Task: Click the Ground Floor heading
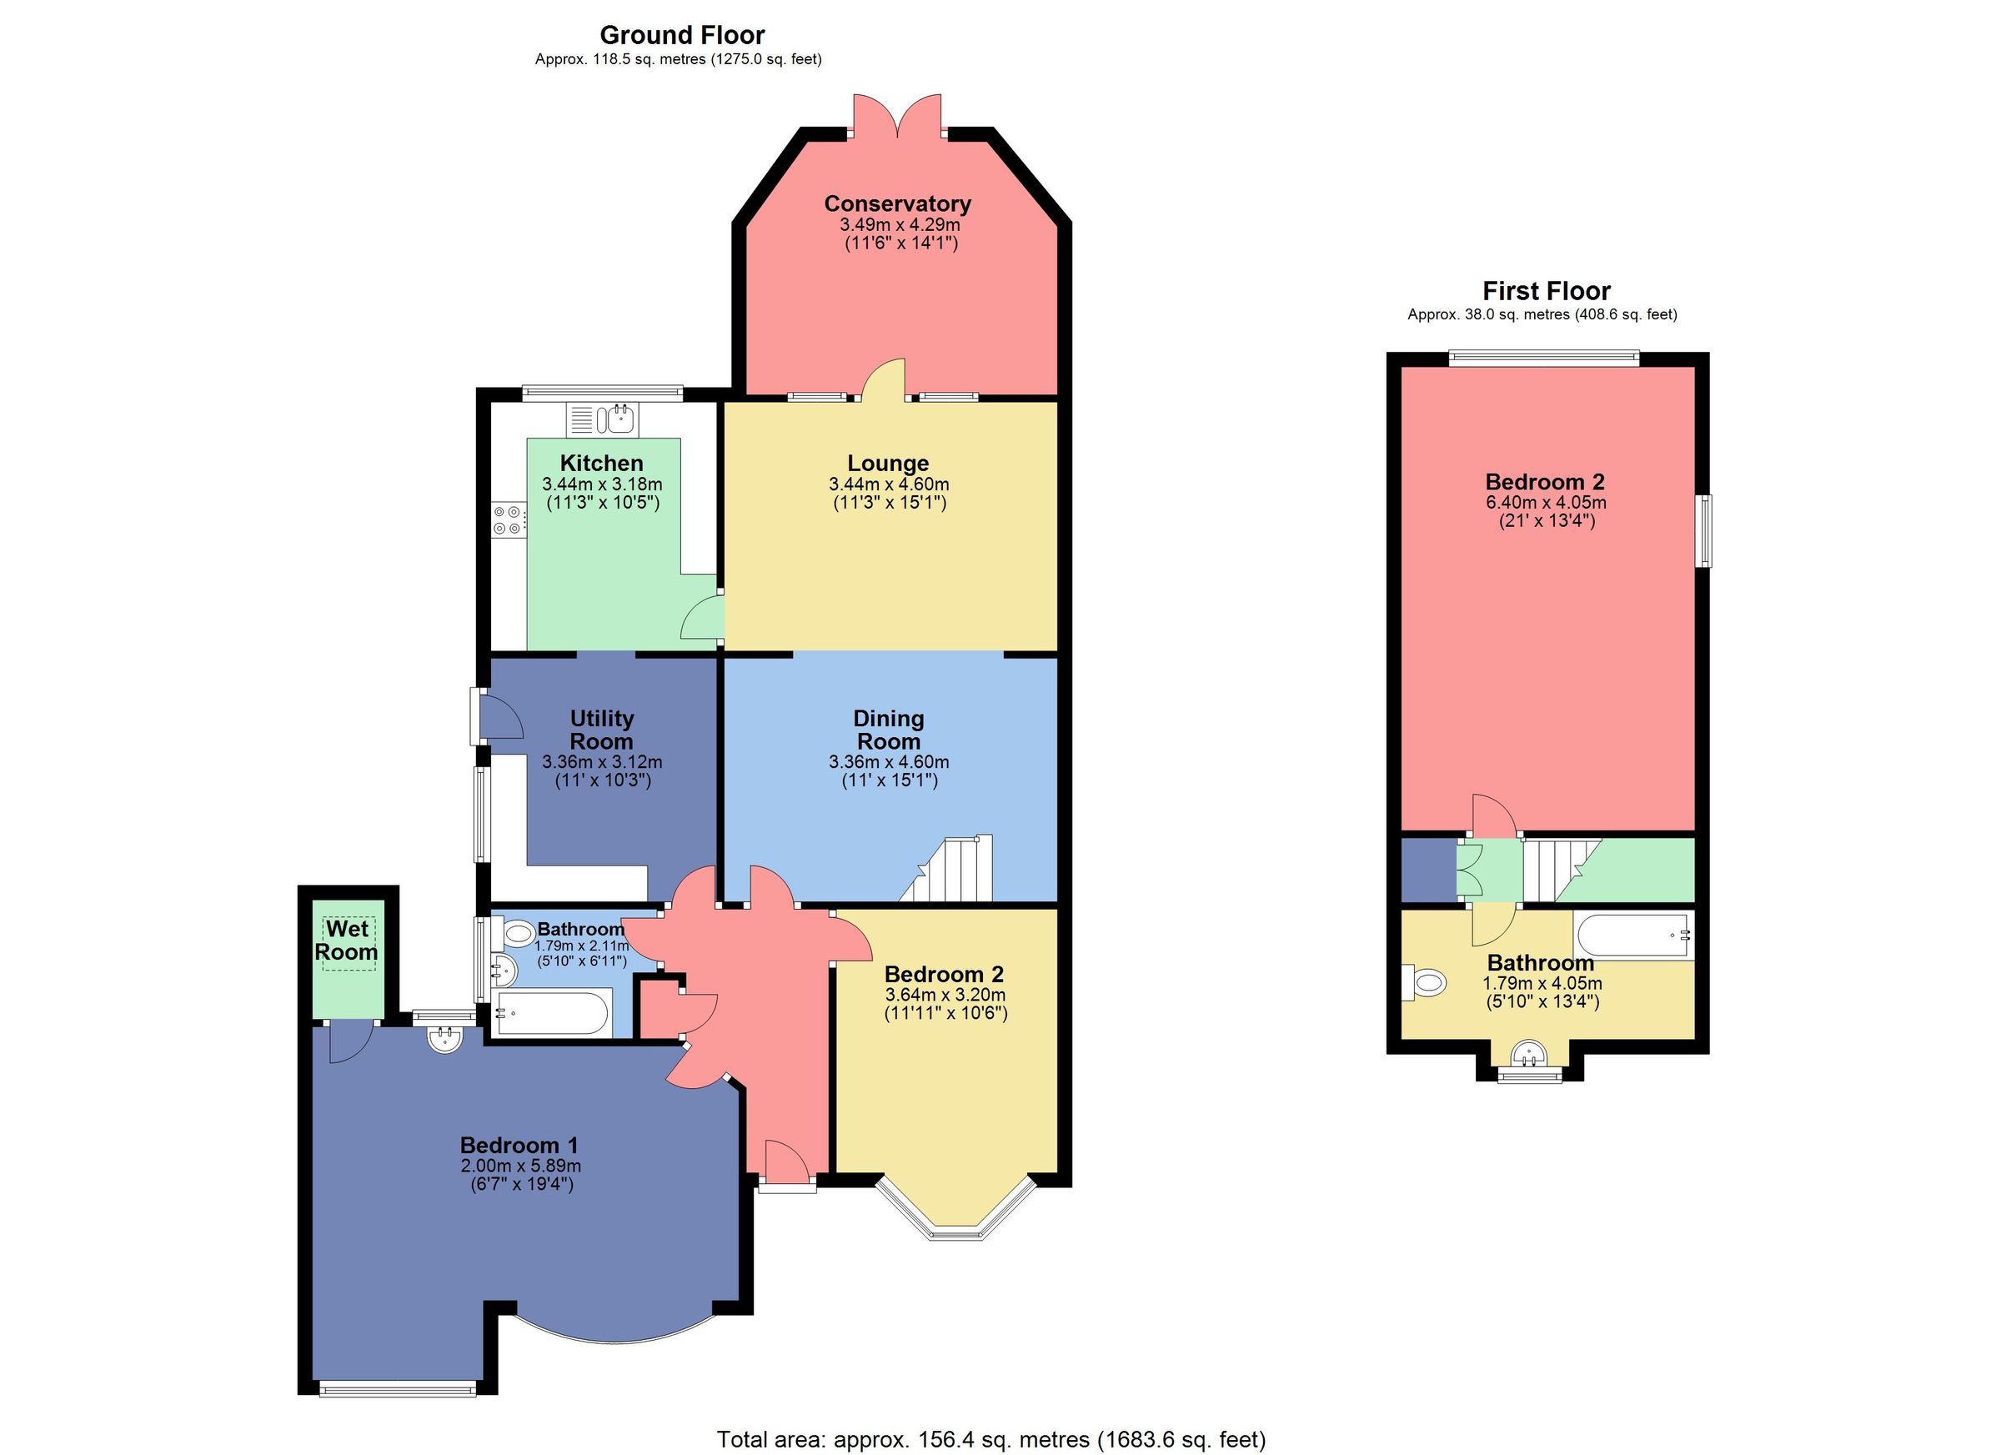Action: click(681, 35)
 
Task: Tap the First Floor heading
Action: click(1546, 291)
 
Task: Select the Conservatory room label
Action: click(897, 203)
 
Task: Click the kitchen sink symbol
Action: click(615, 419)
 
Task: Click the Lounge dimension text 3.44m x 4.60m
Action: click(889, 484)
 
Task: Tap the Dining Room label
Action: click(889, 730)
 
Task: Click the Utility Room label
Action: click(602, 730)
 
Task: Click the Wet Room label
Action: click(347, 941)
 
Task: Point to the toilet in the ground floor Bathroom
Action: click(517, 931)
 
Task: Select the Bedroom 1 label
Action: click(519, 1146)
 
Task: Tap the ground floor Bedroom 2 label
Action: click(944, 974)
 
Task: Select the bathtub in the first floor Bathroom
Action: click(1632, 936)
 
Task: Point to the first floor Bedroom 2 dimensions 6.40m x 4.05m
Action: click(1546, 502)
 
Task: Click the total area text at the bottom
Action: click(990, 1440)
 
